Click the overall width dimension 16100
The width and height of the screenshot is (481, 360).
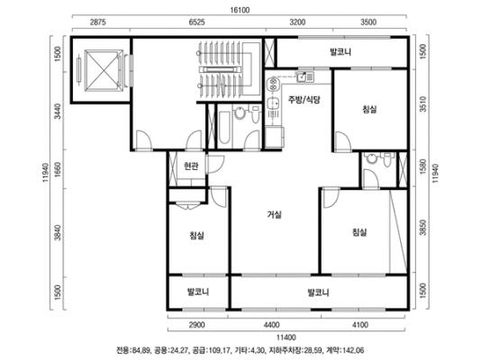(x=240, y=10)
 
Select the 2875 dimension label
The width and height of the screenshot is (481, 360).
(x=98, y=22)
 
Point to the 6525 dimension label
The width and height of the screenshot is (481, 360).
(x=196, y=22)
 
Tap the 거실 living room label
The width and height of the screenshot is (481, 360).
(x=274, y=215)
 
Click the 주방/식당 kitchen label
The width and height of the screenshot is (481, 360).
(x=304, y=100)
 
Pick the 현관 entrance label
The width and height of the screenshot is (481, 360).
(x=191, y=166)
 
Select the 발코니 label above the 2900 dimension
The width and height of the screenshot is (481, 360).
(x=198, y=292)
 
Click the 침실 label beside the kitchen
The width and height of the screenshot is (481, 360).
(x=369, y=110)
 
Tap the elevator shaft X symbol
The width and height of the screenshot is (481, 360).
(x=104, y=71)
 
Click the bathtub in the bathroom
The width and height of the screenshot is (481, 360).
(x=224, y=128)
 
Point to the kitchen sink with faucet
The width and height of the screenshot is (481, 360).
(x=305, y=76)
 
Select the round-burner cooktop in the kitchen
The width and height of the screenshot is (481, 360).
(x=272, y=85)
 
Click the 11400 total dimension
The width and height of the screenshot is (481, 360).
(x=286, y=337)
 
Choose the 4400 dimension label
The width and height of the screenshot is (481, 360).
(x=271, y=325)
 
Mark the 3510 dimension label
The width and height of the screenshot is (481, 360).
(x=423, y=104)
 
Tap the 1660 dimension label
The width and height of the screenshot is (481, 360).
(x=58, y=169)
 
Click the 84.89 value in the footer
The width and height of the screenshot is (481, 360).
(x=141, y=350)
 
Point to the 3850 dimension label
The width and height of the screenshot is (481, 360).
(x=423, y=228)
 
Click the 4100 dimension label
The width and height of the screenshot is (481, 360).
(x=359, y=325)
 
